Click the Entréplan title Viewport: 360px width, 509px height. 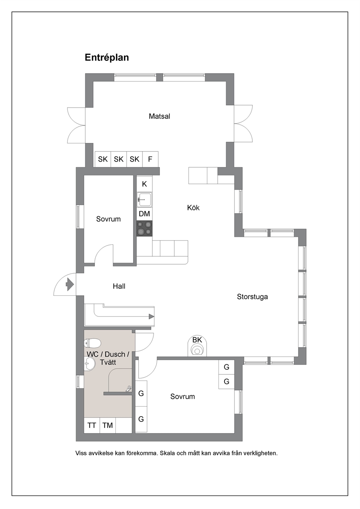pyautogui.click(x=107, y=57)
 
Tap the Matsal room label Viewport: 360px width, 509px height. pyautogui.click(x=159, y=116)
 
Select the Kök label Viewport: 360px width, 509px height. pyautogui.click(x=193, y=208)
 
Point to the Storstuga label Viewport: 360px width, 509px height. pyautogui.click(x=252, y=297)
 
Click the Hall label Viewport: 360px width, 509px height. pyautogui.click(x=119, y=286)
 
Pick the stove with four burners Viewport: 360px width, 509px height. pyautogui.click(x=144, y=228)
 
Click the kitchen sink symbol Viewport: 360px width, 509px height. pyautogui.click(x=144, y=200)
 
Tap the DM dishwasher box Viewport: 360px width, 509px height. pyautogui.click(x=144, y=214)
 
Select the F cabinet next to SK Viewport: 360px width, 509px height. pyautogui.click(x=150, y=159)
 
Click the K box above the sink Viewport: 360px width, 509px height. pyautogui.click(x=144, y=184)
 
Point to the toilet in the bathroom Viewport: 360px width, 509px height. pyautogui.click(x=92, y=343)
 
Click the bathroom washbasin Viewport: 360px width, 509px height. pyautogui.click(x=90, y=364)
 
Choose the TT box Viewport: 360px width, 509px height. pyautogui.click(x=92, y=425)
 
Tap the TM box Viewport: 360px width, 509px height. pyautogui.click(x=107, y=425)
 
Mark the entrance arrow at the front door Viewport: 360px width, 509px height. pyautogui.click(x=70, y=284)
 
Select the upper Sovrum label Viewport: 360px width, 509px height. pyautogui.click(x=108, y=219)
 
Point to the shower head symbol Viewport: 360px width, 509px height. pyautogui.click(x=128, y=389)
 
